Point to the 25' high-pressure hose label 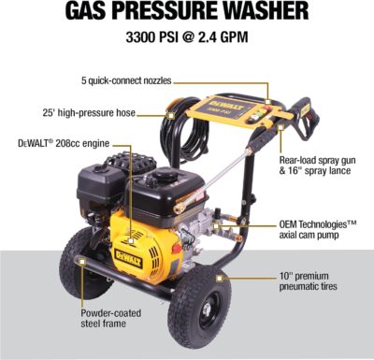point(80,114)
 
